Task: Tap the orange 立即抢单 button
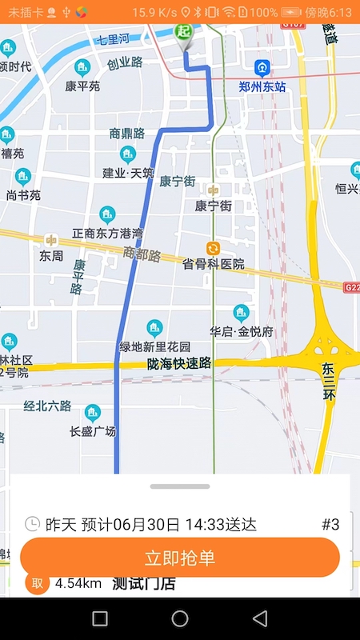pyautogui.click(x=180, y=558)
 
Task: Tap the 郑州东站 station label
pyautogui.click(x=262, y=86)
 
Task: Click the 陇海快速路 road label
pyautogui.click(x=179, y=364)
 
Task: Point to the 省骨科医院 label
pyautogui.click(x=213, y=264)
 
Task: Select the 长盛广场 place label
pyautogui.click(x=93, y=431)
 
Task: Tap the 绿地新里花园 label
pyautogui.click(x=155, y=346)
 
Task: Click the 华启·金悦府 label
pyautogui.click(x=242, y=331)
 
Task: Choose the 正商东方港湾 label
pyautogui.click(x=107, y=233)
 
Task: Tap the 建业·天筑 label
pyautogui.click(x=128, y=173)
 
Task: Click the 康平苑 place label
pyautogui.click(x=82, y=86)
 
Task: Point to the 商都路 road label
pyautogui.click(x=142, y=255)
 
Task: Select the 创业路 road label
pyautogui.click(x=125, y=62)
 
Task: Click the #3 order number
pyautogui.click(x=330, y=525)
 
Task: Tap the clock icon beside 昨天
pyautogui.click(x=32, y=525)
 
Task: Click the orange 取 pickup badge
pyautogui.click(x=37, y=584)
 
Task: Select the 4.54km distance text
pyautogui.click(x=78, y=584)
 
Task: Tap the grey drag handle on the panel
pyautogui.click(x=180, y=486)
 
